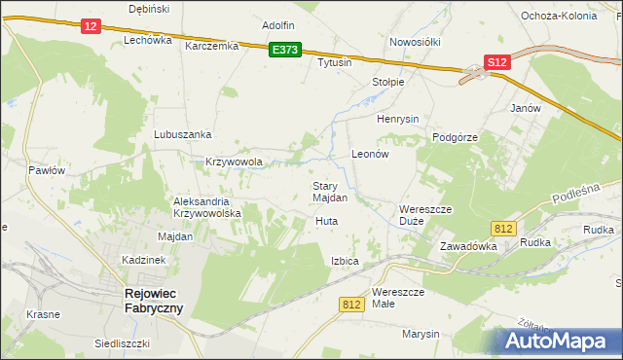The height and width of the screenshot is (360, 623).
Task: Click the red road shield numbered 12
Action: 91,27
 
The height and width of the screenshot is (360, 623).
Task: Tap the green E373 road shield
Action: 285,50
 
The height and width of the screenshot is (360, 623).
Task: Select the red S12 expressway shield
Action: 497,61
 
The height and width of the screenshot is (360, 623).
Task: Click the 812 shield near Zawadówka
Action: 502,228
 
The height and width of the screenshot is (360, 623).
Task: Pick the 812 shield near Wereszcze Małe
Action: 352,305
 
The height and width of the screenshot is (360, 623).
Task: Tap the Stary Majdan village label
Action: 330,192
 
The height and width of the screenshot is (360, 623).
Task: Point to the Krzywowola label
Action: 235,162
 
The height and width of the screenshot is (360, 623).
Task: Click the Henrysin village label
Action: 397,119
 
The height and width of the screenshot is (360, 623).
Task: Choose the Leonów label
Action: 370,155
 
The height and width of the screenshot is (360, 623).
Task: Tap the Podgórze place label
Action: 455,138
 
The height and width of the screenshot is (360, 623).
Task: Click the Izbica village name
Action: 345,262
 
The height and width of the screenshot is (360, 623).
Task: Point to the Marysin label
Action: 421,334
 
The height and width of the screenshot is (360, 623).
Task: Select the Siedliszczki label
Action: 121,343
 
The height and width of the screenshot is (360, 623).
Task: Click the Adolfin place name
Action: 278,25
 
